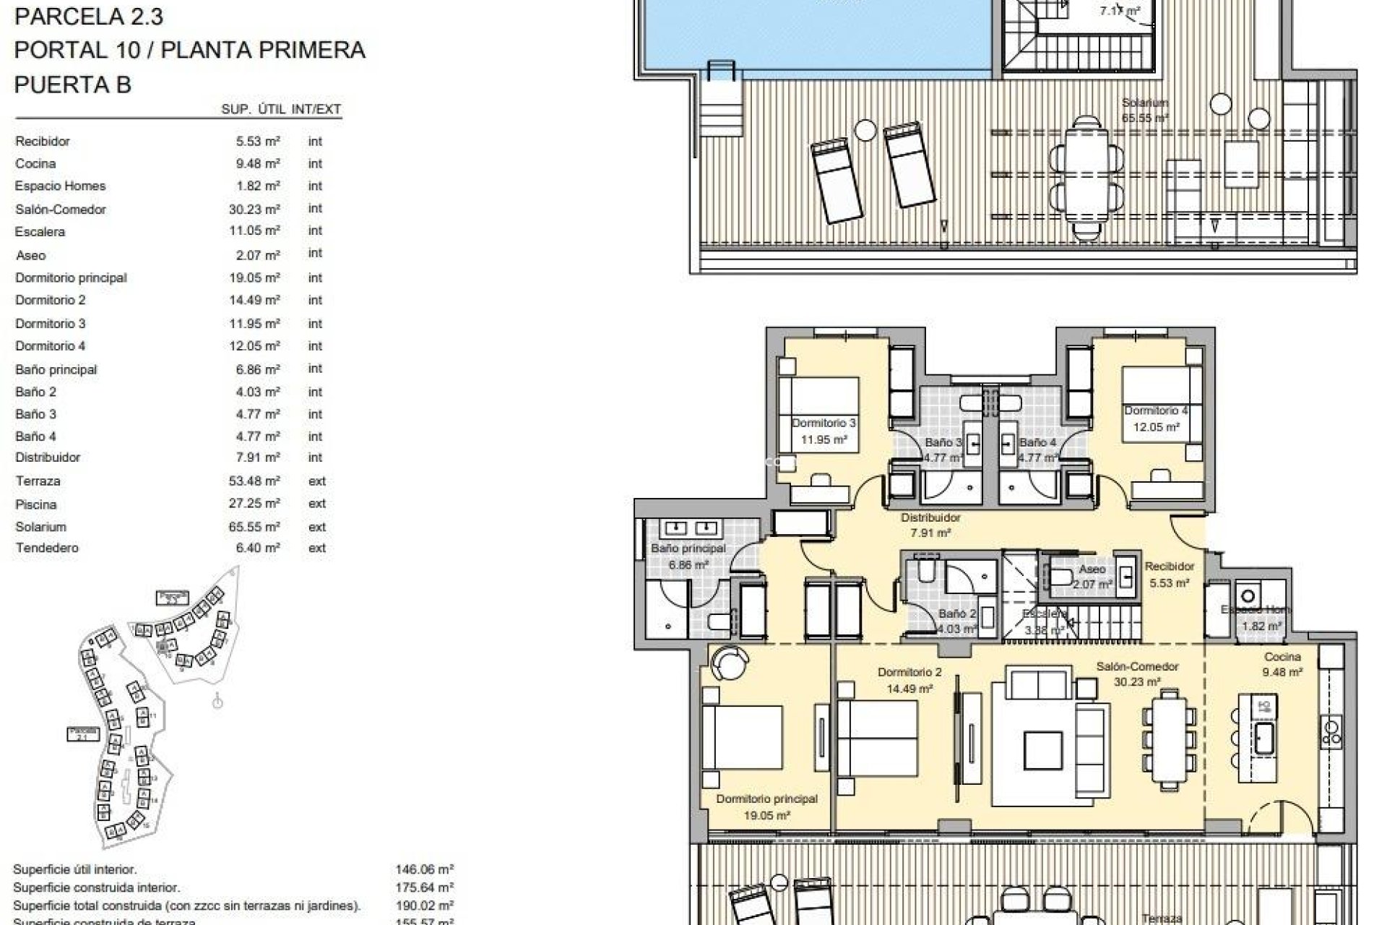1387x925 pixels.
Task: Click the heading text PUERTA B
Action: [72, 85]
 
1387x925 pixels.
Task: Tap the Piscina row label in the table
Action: [35, 504]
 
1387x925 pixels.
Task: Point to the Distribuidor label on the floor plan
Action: [930, 517]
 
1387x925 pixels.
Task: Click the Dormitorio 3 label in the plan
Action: [824, 423]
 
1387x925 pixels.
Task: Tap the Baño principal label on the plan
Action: [688, 548]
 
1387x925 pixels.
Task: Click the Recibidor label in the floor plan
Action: [1170, 567]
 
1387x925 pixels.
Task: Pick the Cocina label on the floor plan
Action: [1282, 657]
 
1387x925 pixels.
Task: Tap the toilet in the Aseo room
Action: [1061, 576]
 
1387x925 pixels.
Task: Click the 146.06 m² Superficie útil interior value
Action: [424, 870]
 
